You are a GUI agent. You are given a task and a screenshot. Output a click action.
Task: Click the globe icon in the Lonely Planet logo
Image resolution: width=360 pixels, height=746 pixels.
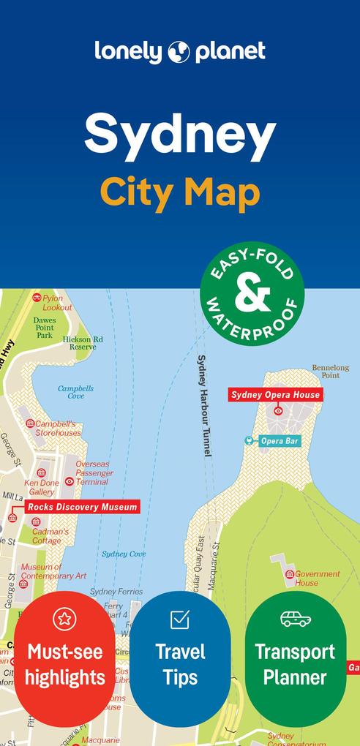click(x=179, y=52)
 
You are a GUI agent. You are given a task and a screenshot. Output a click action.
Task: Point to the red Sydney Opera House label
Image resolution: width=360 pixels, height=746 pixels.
click(x=275, y=395)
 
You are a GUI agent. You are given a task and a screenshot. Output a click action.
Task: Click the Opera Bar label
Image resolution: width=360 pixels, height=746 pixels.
click(x=281, y=441)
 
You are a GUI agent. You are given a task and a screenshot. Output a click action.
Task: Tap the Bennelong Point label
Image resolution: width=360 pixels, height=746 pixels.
click(x=331, y=371)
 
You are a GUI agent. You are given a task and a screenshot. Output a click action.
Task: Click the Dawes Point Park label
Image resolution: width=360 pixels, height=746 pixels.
click(x=45, y=327)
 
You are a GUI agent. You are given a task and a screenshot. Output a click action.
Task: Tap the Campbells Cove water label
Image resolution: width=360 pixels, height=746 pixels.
click(x=76, y=392)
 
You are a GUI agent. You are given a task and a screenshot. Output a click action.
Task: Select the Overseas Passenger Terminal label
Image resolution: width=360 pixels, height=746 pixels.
click(x=94, y=472)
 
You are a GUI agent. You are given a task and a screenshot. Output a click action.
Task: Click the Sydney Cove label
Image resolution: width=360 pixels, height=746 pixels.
click(x=124, y=554)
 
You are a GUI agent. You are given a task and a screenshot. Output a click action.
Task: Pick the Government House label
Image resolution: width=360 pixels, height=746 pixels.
click(x=317, y=579)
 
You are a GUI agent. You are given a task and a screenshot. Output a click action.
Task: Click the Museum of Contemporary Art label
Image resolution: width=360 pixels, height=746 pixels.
click(x=53, y=571)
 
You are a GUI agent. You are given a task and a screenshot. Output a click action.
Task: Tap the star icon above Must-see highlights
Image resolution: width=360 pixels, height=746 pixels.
click(x=64, y=619)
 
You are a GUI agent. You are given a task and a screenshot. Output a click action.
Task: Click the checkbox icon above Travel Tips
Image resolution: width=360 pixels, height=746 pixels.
click(x=180, y=619)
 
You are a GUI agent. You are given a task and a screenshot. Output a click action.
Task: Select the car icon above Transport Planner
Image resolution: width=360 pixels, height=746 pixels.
click(x=296, y=619)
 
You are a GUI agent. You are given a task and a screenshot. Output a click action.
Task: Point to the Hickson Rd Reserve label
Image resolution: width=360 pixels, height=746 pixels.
click(x=83, y=343)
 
